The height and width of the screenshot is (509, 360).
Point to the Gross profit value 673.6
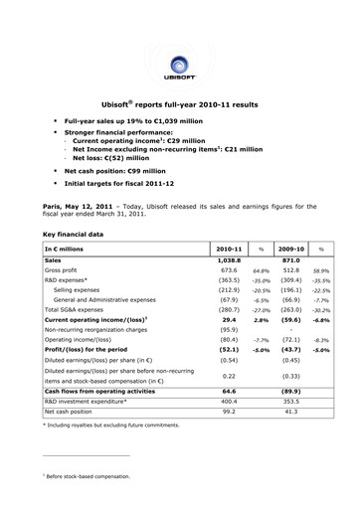click(229, 270)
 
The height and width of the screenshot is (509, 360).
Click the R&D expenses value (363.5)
click(229, 283)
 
